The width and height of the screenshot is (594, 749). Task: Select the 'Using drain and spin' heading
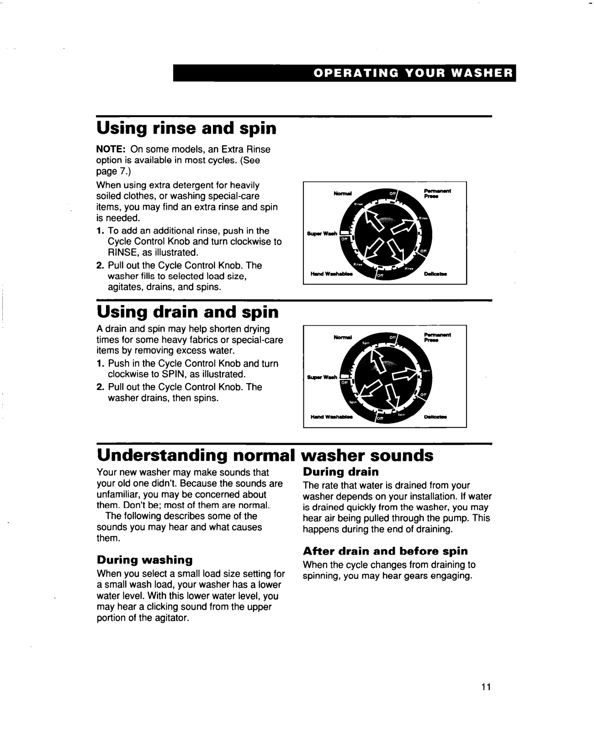(x=187, y=312)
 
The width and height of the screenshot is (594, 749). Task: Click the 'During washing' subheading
(x=144, y=560)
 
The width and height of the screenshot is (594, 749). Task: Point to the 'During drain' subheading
(x=341, y=471)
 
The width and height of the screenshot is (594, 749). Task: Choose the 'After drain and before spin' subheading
(x=386, y=551)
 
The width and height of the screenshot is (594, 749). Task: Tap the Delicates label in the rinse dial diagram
(x=435, y=274)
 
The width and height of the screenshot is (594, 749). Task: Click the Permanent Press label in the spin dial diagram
(x=437, y=337)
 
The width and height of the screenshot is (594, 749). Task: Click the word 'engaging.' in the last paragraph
(x=453, y=576)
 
